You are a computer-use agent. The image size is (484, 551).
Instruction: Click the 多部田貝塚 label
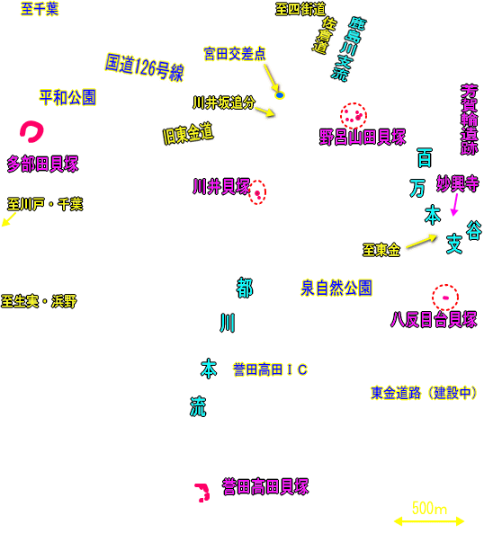[x=42, y=164]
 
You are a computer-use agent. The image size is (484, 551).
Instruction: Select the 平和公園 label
[x=67, y=97]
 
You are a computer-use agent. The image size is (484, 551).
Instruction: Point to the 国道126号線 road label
[x=144, y=67]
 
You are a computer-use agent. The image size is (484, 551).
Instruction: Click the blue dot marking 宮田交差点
[x=280, y=95]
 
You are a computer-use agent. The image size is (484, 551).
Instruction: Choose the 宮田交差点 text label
[x=235, y=54]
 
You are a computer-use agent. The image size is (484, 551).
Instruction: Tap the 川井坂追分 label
[x=223, y=102]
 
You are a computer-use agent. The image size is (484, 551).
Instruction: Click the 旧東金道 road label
[x=188, y=134]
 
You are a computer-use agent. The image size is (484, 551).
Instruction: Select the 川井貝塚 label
[x=221, y=186]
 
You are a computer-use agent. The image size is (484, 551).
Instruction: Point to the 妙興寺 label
[x=457, y=183]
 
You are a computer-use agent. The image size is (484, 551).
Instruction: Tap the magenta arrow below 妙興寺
[x=455, y=205]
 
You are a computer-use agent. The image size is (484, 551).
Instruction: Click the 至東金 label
[x=381, y=250]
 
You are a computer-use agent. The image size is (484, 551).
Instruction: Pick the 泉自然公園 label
[x=336, y=289]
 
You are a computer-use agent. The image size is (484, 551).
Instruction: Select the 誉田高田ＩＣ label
[x=270, y=369]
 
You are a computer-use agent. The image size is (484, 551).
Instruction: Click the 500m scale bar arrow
[x=429, y=521]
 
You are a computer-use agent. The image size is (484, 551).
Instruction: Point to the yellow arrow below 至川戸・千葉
[x=9, y=219]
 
